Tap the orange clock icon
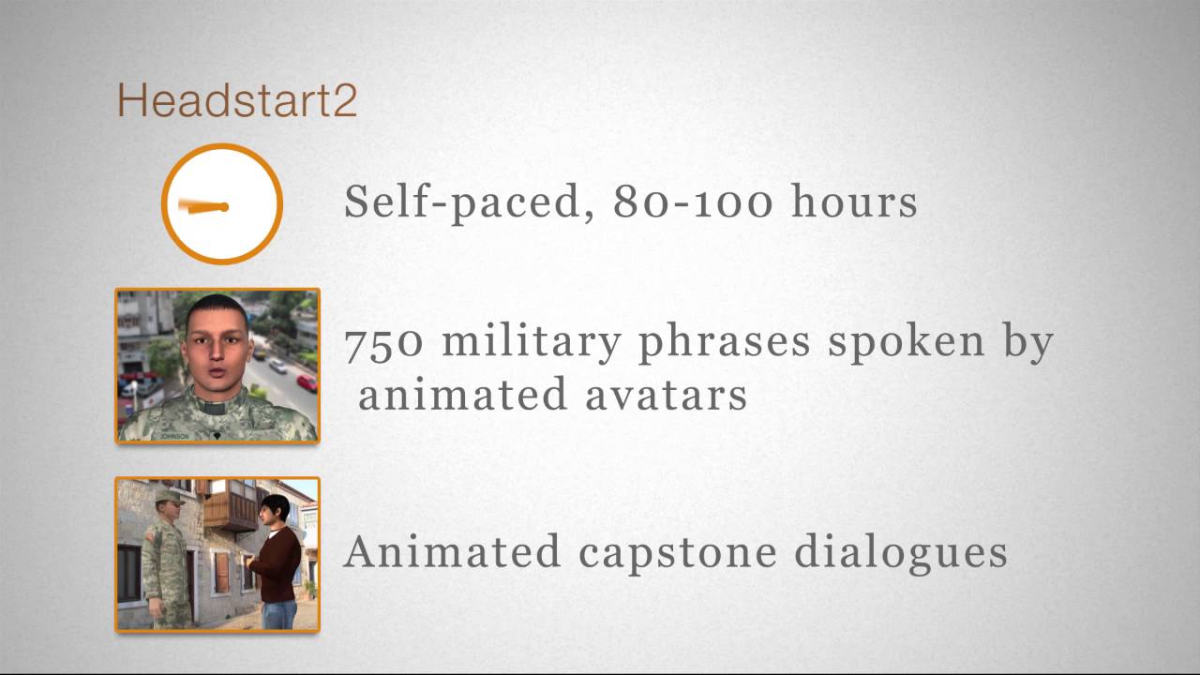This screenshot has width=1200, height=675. tap(222, 203)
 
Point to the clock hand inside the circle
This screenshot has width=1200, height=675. tap(202, 207)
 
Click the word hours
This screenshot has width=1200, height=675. tap(854, 202)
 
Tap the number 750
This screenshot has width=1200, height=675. tap(383, 342)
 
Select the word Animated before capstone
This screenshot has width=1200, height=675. tap(453, 551)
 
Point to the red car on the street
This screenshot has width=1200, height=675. tap(307, 382)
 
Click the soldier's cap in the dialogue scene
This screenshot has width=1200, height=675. tap(169, 496)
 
